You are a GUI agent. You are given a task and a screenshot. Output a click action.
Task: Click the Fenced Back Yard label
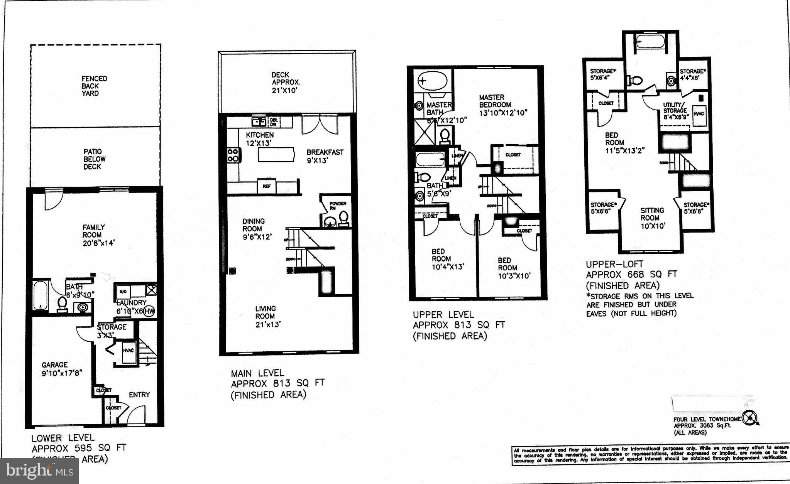pos(94,86)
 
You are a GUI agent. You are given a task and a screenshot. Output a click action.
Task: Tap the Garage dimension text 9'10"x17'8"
pos(62,373)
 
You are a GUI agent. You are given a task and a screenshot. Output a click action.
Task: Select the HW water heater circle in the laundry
pos(149,311)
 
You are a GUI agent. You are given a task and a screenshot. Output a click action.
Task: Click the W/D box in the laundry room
pos(123,291)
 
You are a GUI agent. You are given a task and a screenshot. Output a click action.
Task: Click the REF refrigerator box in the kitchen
pos(266,186)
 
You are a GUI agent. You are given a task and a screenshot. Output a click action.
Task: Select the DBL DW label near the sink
pos(274,122)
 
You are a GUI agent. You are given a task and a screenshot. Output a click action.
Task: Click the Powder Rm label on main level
pos(337,205)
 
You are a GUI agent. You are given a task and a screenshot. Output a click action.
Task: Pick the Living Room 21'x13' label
pos(267,316)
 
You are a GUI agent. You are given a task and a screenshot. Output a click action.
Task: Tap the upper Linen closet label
pos(457,156)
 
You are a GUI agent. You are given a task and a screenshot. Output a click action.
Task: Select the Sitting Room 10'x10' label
pos(652,218)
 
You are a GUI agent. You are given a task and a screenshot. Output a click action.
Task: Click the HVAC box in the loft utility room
pos(699,114)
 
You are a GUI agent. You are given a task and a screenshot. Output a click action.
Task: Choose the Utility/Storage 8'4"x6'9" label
pos(675,111)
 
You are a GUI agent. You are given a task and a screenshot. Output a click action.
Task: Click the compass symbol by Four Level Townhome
pos(749,418)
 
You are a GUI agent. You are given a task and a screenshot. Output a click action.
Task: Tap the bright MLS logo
pos(39,471)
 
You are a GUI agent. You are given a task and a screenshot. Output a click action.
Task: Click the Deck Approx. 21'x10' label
pos(286,83)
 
